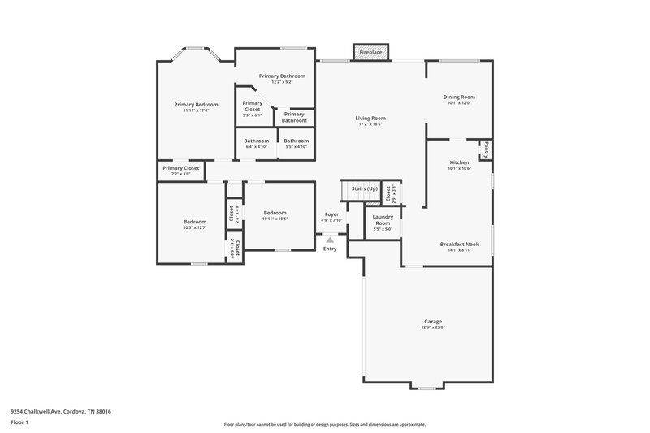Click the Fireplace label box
click(370, 53)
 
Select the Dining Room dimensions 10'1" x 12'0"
click(459, 103)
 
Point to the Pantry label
click(486, 149)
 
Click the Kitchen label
click(459, 162)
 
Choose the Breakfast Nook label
click(459, 244)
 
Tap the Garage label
click(432, 321)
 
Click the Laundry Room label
click(383, 220)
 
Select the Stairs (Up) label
click(364, 188)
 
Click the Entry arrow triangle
click(330, 240)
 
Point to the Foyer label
click(331, 214)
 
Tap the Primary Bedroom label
click(196, 104)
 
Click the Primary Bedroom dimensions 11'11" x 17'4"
click(196, 110)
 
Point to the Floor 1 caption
click(19, 423)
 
